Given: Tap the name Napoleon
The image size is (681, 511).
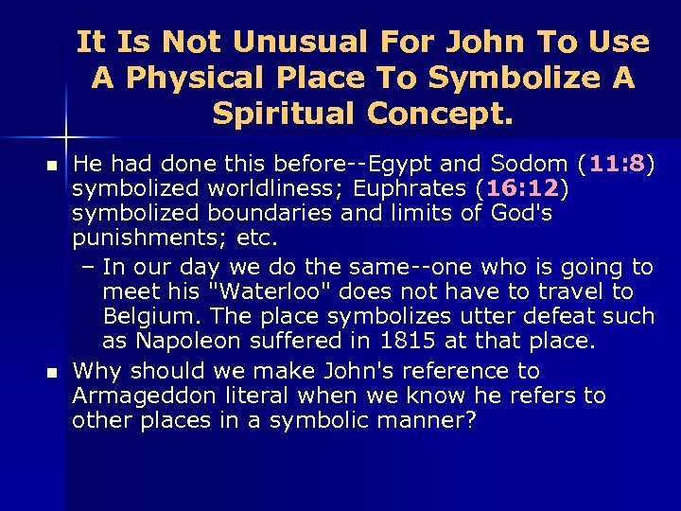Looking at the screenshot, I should pyautogui.click(x=184, y=341).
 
